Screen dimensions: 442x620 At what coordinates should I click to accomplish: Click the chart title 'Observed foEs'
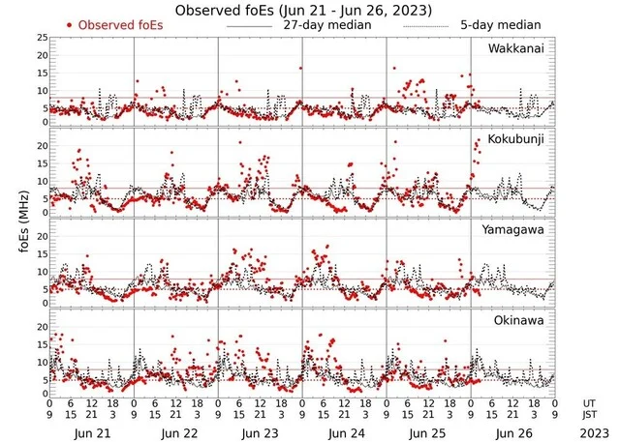pyautogui.click(x=303, y=10)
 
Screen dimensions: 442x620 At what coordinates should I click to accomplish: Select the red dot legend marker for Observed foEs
pyautogui.click(x=71, y=24)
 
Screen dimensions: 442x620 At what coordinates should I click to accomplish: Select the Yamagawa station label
pyautogui.click(x=516, y=230)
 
